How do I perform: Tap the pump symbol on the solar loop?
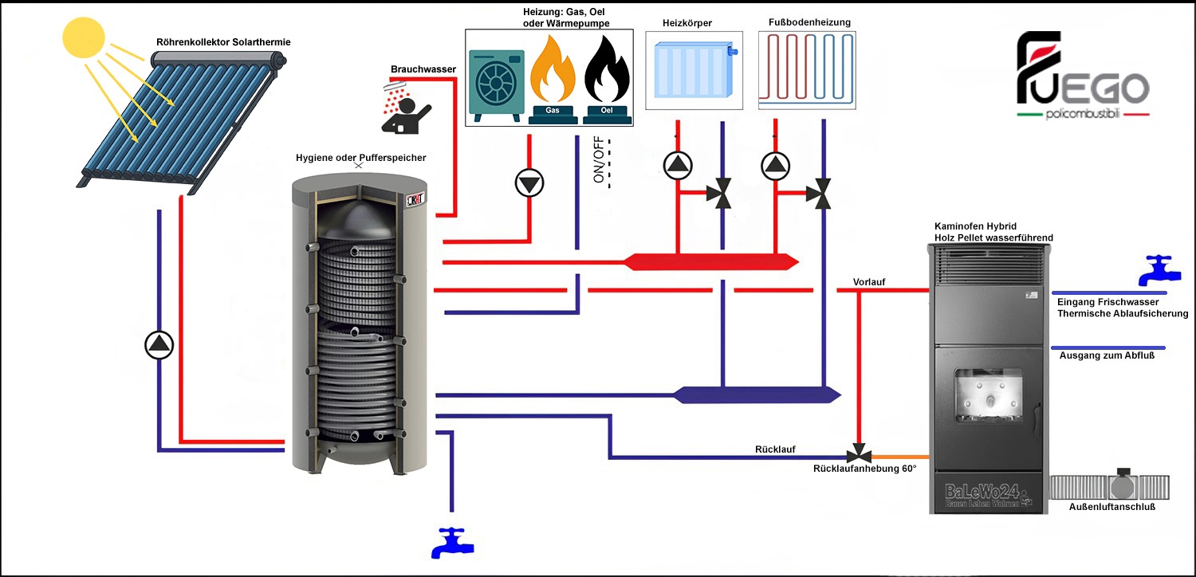click(x=159, y=344)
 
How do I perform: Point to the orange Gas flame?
click(x=553, y=72)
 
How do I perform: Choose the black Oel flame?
click(x=606, y=72)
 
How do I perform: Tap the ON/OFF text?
click(x=599, y=160)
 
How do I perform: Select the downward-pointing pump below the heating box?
click(x=529, y=183)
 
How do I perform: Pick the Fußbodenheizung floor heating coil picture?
click(x=806, y=69)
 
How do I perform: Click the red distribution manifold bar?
click(x=710, y=261)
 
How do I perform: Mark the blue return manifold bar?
click(x=756, y=394)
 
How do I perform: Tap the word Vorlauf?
click(x=869, y=281)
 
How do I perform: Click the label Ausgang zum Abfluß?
click(x=1107, y=355)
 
